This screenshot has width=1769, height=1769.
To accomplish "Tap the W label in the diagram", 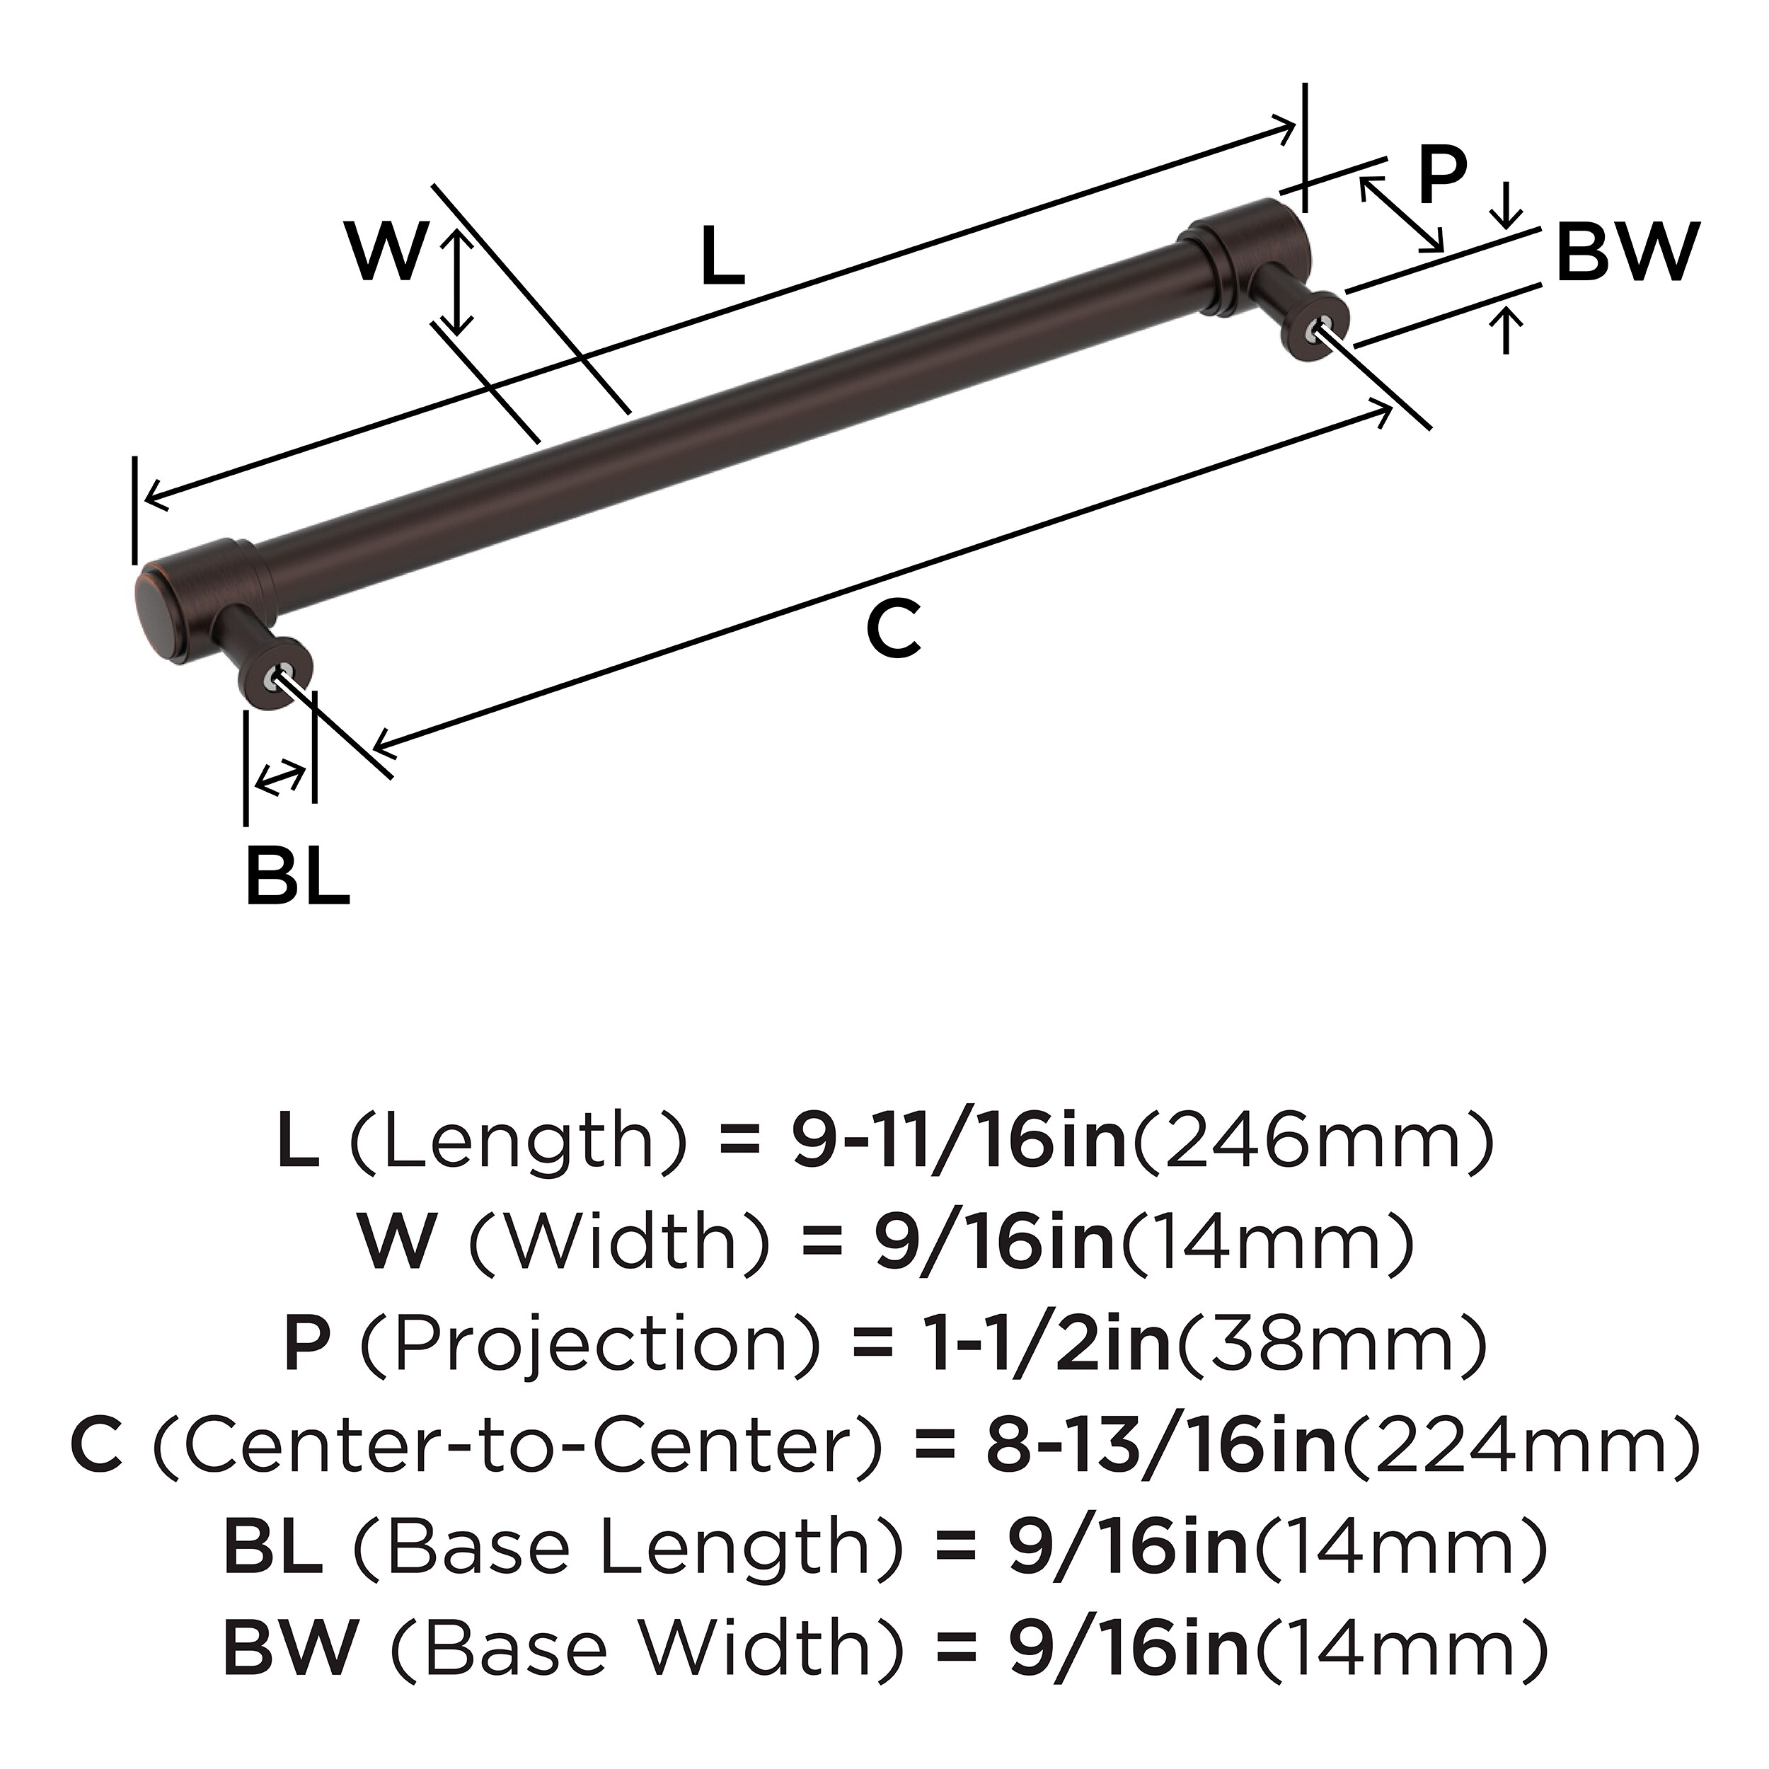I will tap(386, 252).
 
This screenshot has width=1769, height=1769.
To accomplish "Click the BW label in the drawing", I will tap(1627, 252).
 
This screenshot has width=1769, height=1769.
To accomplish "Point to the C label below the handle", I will tap(893, 630).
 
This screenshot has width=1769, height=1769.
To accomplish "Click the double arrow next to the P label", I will tap(1401, 215).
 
